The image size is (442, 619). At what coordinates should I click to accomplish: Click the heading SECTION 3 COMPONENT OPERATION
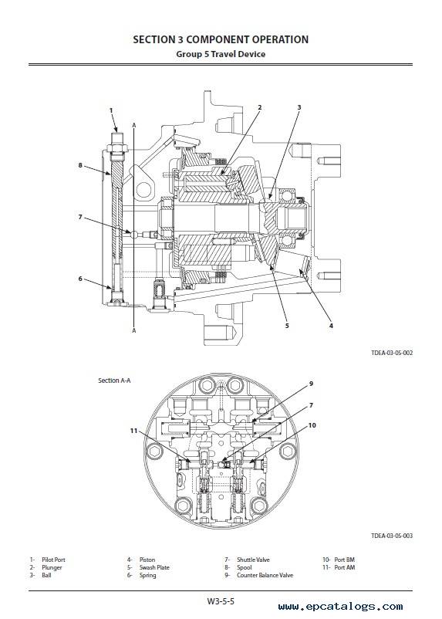tap(221, 39)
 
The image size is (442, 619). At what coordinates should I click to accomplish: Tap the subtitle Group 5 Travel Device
tap(221, 54)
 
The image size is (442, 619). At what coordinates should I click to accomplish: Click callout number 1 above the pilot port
tap(111, 110)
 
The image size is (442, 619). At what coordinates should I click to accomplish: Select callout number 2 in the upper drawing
tap(260, 107)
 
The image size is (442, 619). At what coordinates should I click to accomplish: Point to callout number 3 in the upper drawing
tap(299, 107)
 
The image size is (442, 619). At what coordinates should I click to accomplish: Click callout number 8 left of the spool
tap(80, 165)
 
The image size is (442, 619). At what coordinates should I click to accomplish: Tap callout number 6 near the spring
tap(80, 279)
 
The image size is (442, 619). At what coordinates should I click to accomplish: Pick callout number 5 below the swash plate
tap(287, 326)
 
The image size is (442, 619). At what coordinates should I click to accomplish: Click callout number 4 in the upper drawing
tap(331, 326)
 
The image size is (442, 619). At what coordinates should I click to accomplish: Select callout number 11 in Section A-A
tap(133, 431)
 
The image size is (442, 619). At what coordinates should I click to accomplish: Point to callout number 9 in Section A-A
tap(311, 384)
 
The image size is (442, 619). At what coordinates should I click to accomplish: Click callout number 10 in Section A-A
tap(312, 425)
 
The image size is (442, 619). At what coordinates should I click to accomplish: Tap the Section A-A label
tap(114, 381)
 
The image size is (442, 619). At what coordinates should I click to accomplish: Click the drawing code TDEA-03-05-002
tap(392, 353)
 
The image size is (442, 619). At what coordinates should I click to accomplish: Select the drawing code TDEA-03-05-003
tap(392, 536)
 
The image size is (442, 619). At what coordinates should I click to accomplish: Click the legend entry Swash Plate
tap(154, 567)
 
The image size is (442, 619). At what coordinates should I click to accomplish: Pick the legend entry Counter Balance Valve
tap(265, 575)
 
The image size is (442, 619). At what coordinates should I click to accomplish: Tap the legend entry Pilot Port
tap(53, 560)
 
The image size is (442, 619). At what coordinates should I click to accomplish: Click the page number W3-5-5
tap(221, 601)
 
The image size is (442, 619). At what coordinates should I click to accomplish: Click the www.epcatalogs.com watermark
tap(341, 607)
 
